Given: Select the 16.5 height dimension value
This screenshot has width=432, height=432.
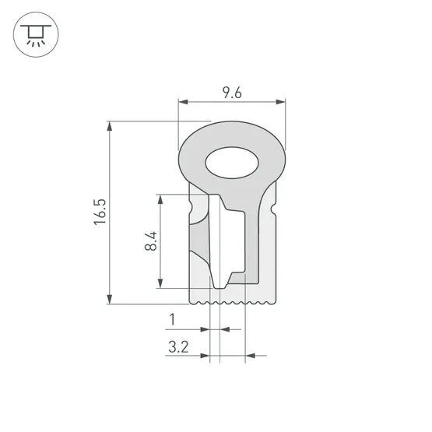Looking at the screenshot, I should coord(99,212).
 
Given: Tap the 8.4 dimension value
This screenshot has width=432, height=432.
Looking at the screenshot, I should coord(150,241).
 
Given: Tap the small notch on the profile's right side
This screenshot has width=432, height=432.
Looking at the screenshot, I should coord(275,211).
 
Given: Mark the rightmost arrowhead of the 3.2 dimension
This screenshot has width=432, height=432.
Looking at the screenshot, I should coord(248,356).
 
